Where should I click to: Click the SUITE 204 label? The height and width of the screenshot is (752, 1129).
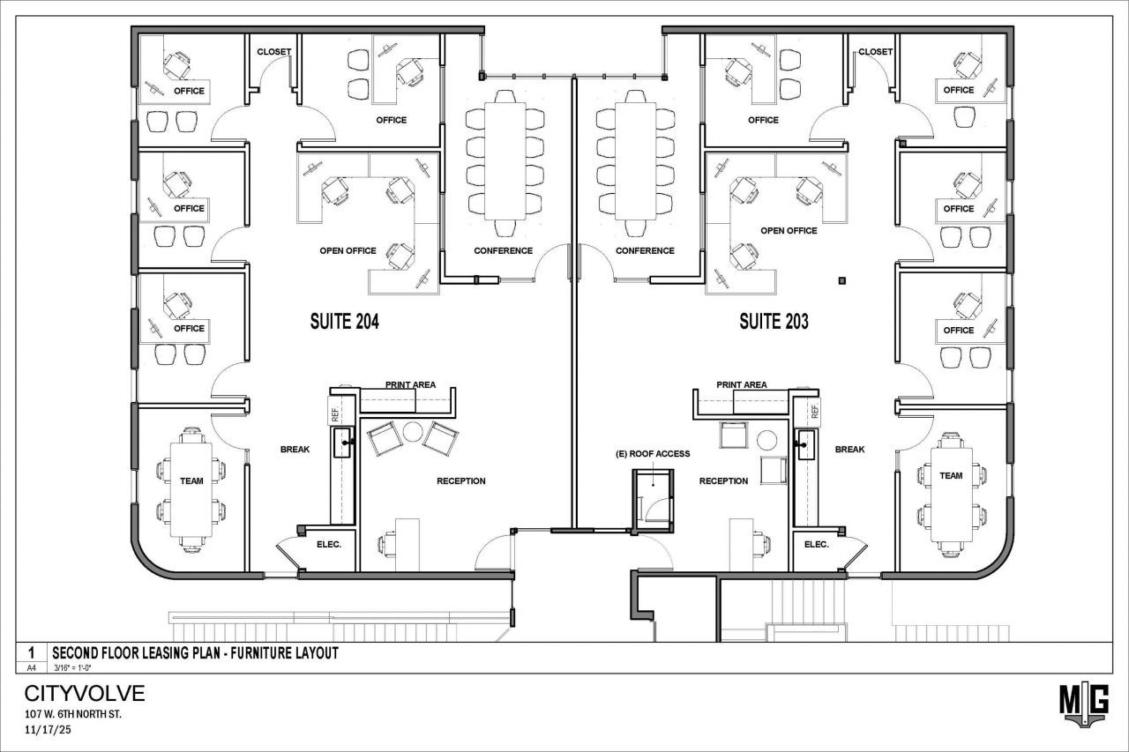tap(344, 322)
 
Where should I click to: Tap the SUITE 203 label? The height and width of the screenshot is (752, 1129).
tap(774, 322)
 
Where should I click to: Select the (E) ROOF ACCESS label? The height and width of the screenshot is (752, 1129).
tap(653, 454)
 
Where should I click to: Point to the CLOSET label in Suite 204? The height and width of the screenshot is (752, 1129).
tap(273, 52)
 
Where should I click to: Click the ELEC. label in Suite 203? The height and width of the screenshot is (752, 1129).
tap(817, 545)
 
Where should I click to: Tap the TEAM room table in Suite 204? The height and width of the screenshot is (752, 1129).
tap(191, 489)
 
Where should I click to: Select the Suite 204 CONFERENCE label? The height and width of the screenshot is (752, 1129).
tap(503, 251)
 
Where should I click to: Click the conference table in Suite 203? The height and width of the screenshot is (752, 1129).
tap(635, 161)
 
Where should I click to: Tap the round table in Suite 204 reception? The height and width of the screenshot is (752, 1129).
tap(413, 432)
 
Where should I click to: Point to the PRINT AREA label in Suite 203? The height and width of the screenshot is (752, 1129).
tap(742, 384)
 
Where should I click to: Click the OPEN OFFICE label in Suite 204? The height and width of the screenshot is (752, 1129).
tap(348, 251)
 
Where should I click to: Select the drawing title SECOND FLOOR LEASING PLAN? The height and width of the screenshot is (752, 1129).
tap(136, 653)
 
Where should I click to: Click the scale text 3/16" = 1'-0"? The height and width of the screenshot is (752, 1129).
tap(72, 668)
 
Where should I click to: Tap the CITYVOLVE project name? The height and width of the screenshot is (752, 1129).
tap(85, 694)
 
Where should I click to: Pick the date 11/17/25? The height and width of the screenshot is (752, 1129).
tap(48, 730)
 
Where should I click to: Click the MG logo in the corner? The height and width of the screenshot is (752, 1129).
tap(1084, 705)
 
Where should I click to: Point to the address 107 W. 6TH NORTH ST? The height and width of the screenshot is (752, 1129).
tap(73, 714)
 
